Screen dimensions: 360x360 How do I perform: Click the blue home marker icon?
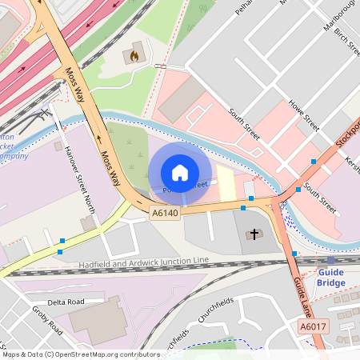coord(180,173)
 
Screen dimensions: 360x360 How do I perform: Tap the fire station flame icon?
coord(134,56)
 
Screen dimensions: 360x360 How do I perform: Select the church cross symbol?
coord(254,234)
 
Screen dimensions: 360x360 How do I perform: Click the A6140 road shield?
coord(165,213)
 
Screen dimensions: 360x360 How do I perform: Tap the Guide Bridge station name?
coord(330,277)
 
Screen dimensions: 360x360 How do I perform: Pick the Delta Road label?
coord(66,302)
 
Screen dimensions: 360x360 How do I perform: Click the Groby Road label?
coord(47,318)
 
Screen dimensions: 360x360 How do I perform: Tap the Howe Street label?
coord(304,116)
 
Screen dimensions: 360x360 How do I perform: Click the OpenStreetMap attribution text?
coord(80,354)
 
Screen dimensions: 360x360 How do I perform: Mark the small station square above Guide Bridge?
coord(330,260)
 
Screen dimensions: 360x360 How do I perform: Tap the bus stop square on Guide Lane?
coord(294,254)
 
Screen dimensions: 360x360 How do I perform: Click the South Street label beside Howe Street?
coord(243,124)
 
